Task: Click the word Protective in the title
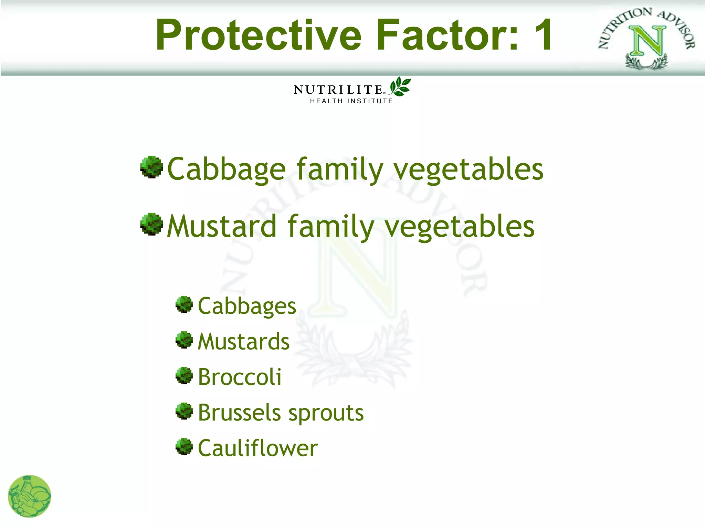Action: [258, 35]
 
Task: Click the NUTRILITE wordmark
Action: [338, 90]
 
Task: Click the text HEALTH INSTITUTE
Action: [351, 101]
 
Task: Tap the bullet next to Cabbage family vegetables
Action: [151, 167]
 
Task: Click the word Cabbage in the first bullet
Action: [226, 169]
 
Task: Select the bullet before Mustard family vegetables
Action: [151, 224]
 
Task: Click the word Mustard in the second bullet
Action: [222, 226]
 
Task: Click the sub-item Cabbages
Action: [247, 306]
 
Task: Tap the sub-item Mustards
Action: [244, 342]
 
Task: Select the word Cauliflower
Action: [257, 448]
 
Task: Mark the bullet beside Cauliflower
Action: [184, 447]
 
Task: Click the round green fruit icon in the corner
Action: [29, 496]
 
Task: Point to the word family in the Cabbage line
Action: [339, 169]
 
